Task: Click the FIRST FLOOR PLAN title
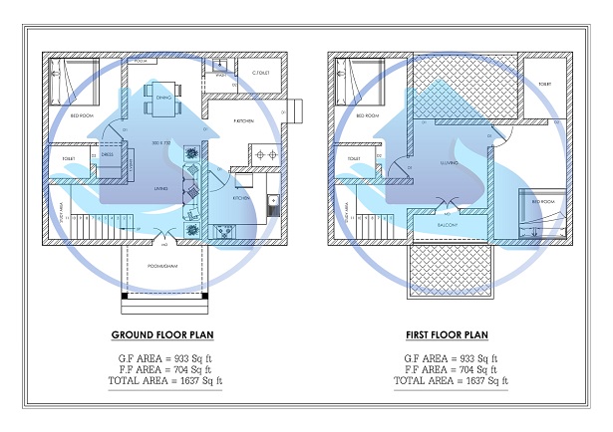tap(451, 335)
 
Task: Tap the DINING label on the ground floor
tap(163, 98)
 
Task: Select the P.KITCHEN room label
tap(242, 119)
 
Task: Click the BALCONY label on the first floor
tap(449, 225)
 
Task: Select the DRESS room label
tap(107, 155)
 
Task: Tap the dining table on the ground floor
tap(162, 99)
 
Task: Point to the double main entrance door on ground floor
tap(163, 234)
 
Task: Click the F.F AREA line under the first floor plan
tap(451, 368)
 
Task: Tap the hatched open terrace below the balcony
tap(450, 270)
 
